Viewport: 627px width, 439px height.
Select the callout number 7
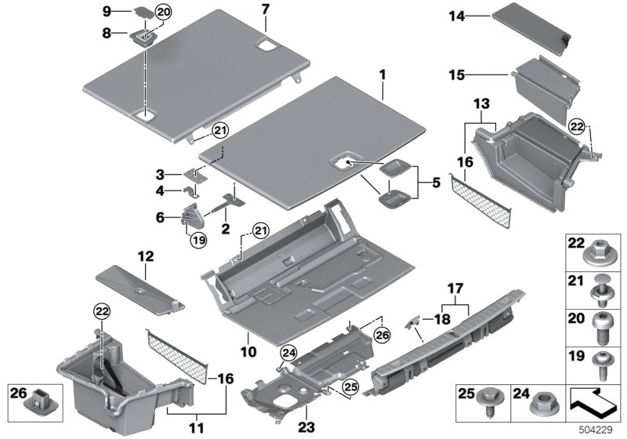pyautogui.click(x=264, y=9)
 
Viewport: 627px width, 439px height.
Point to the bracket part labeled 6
pyautogui.click(x=191, y=213)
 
